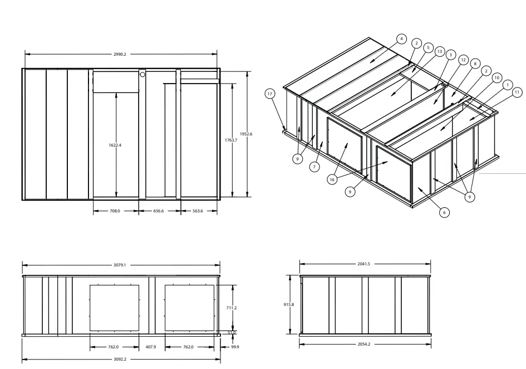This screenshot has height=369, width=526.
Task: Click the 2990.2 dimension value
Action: click(x=120, y=54)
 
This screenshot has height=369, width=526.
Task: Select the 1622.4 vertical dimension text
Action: click(x=115, y=145)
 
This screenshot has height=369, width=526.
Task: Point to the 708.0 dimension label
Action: click(x=115, y=211)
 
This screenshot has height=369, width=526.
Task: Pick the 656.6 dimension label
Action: click(x=159, y=211)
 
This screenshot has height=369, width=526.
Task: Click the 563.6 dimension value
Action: click(x=198, y=211)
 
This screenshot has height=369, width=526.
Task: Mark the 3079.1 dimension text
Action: click(x=121, y=265)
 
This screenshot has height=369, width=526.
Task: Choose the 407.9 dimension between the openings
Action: click(x=151, y=347)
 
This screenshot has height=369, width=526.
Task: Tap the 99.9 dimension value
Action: click(x=234, y=347)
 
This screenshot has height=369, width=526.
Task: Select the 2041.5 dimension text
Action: click(x=364, y=264)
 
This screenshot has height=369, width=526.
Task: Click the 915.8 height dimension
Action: click(x=288, y=304)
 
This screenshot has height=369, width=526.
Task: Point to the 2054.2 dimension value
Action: click(x=364, y=344)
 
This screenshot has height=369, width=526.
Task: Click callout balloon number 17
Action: click(x=270, y=94)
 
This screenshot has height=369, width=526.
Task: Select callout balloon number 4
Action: click(x=401, y=38)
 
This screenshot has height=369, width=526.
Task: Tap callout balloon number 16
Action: click(x=332, y=179)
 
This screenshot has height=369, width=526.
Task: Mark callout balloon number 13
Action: click(x=439, y=52)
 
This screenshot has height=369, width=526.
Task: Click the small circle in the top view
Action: click(x=142, y=74)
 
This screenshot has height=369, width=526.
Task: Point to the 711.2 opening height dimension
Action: click(x=233, y=308)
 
